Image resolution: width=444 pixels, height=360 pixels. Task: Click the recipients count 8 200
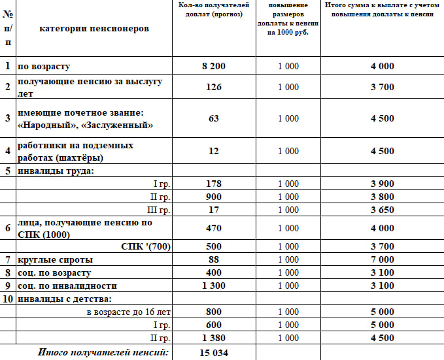213,67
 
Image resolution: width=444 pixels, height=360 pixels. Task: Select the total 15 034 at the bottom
213,353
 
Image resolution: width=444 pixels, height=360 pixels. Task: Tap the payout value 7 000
382,259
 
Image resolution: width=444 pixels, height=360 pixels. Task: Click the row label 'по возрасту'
44,67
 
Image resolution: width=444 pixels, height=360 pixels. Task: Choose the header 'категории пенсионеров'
94,29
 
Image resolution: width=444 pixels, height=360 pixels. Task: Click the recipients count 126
213,87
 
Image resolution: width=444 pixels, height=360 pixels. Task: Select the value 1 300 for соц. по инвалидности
213,286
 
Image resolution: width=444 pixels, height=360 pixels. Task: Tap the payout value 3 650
382,210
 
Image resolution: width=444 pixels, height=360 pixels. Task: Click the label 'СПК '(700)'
146,246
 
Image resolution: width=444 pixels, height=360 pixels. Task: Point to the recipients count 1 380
213,338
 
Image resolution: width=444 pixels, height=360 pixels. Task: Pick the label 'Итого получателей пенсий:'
103,353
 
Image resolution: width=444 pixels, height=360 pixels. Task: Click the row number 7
8,259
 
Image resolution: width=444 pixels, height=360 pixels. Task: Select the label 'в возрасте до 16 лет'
129,312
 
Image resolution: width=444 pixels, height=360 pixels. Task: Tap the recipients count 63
213,118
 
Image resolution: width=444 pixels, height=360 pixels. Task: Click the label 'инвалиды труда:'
56,171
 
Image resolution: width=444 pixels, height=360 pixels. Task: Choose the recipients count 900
213,197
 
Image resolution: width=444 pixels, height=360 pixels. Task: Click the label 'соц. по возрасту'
54,272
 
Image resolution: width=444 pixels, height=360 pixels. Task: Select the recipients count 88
213,259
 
